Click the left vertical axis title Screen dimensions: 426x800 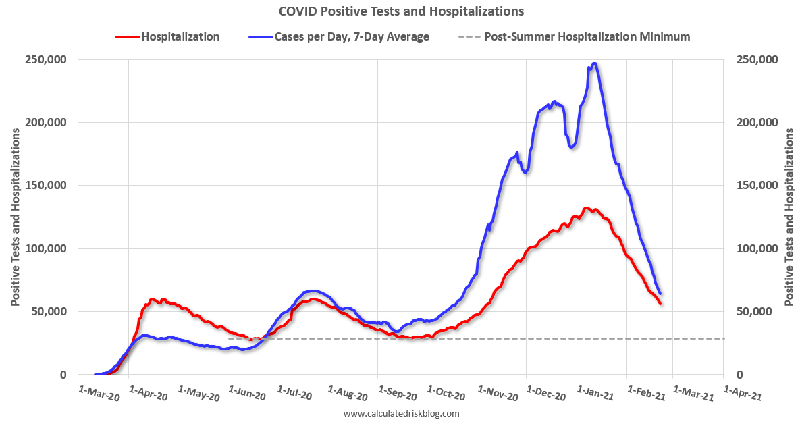click(15, 217)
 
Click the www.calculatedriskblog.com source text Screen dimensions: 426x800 click(401, 413)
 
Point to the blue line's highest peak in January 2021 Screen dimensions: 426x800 click(593, 63)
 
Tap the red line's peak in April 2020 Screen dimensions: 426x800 click(153, 299)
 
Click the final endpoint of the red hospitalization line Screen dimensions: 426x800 click(660, 304)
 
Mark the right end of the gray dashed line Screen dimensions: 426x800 click(724, 338)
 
